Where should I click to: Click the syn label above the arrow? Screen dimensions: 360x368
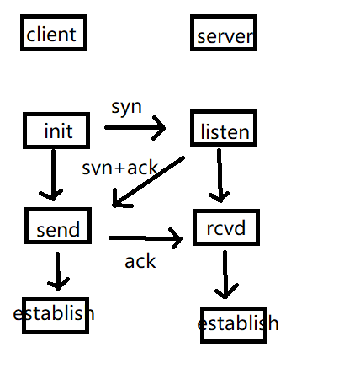(x=126, y=107)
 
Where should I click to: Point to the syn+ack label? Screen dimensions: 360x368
(x=119, y=168)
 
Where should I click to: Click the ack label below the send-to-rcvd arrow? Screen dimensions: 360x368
(x=140, y=261)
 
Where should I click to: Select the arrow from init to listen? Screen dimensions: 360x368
(x=135, y=128)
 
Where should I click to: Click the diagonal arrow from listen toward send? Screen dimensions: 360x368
(x=148, y=182)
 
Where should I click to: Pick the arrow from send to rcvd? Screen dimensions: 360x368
(x=146, y=238)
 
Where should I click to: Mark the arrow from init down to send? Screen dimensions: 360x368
(x=53, y=174)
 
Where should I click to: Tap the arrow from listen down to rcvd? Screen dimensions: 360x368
(x=220, y=175)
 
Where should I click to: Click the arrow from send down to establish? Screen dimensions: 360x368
(x=58, y=271)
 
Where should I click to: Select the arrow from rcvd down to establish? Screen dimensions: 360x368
(x=225, y=275)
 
